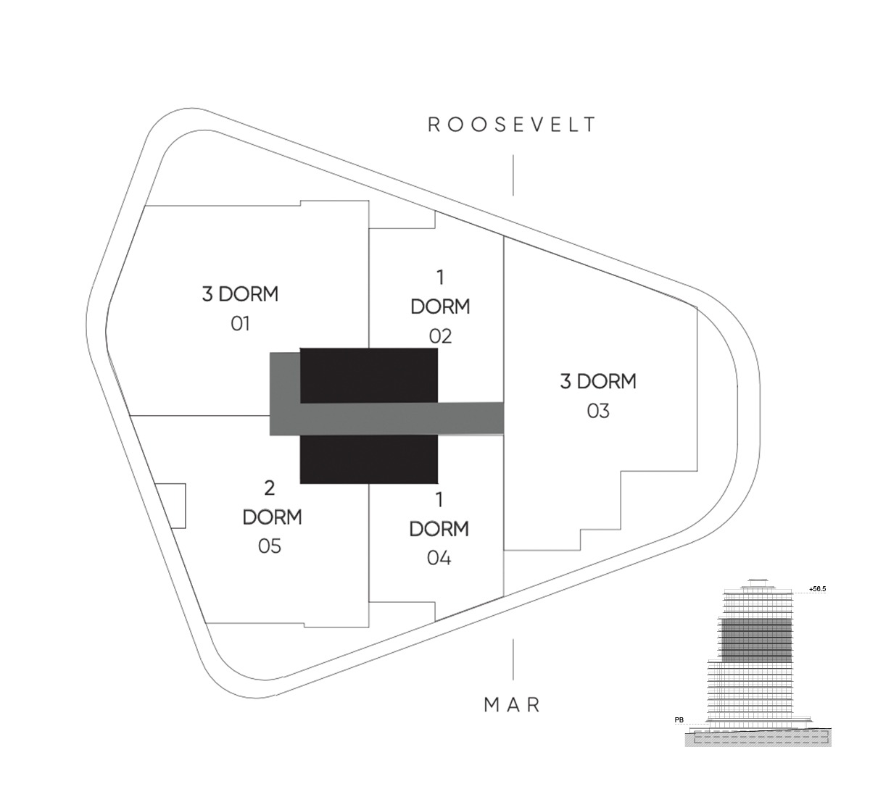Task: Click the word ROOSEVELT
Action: (512, 125)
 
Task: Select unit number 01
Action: (240, 323)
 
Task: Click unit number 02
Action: (440, 336)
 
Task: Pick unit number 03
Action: (598, 411)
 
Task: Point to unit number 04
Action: (439, 558)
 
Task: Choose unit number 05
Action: (269, 546)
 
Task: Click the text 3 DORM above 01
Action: (240, 294)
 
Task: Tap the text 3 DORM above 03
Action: (598, 381)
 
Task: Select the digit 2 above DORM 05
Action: (269, 488)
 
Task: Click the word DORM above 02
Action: (440, 306)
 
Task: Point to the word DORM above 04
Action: (439, 529)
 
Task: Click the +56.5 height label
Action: (818, 589)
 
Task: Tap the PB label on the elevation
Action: (679, 720)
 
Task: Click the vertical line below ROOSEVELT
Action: (513, 175)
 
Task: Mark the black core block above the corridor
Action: (368, 375)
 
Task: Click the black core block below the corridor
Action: (368, 459)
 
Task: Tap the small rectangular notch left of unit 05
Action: (171, 506)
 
